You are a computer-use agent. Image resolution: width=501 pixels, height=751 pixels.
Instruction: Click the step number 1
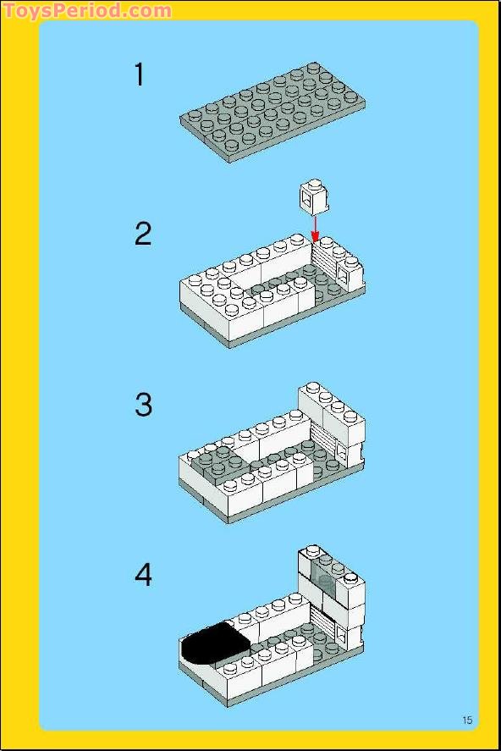pyautogui.click(x=140, y=75)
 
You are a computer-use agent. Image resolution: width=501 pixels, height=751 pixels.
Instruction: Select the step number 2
pyautogui.click(x=142, y=235)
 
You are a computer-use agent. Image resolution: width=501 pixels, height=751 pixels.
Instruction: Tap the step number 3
pyautogui.click(x=143, y=405)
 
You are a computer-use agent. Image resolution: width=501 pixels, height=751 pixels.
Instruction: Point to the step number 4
pyautogui.click(x=143, y=575)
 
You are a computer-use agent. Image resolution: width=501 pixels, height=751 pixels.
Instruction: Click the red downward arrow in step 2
pyautogui.click(x=315, y=229)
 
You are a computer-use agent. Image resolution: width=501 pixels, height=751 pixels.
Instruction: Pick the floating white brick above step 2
pyautogui.click(x=314, y=196)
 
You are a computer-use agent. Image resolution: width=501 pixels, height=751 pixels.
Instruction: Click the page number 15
pyautogui.click(x=467, y=720)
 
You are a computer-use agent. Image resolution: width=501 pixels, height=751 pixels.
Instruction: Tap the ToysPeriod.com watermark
pyautogui.click(x=86, y=10)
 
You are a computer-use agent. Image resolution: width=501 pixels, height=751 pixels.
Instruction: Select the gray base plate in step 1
pyautogui.click(x=273, y=113)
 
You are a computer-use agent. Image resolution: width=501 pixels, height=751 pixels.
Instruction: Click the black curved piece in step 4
pyautogui.click(x=215, y=643)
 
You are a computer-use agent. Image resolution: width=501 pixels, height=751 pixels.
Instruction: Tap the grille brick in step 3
pyautogui.click(x=323, y=441)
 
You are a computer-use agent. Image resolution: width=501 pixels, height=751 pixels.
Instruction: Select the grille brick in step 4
pyautogui.click(x=323, y=621)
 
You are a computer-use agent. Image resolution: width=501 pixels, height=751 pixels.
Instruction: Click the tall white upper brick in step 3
pyautogui.click(x=331, y=411)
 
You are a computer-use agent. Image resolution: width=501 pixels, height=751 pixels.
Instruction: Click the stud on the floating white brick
pyautogui.click(x=314, y=185)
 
